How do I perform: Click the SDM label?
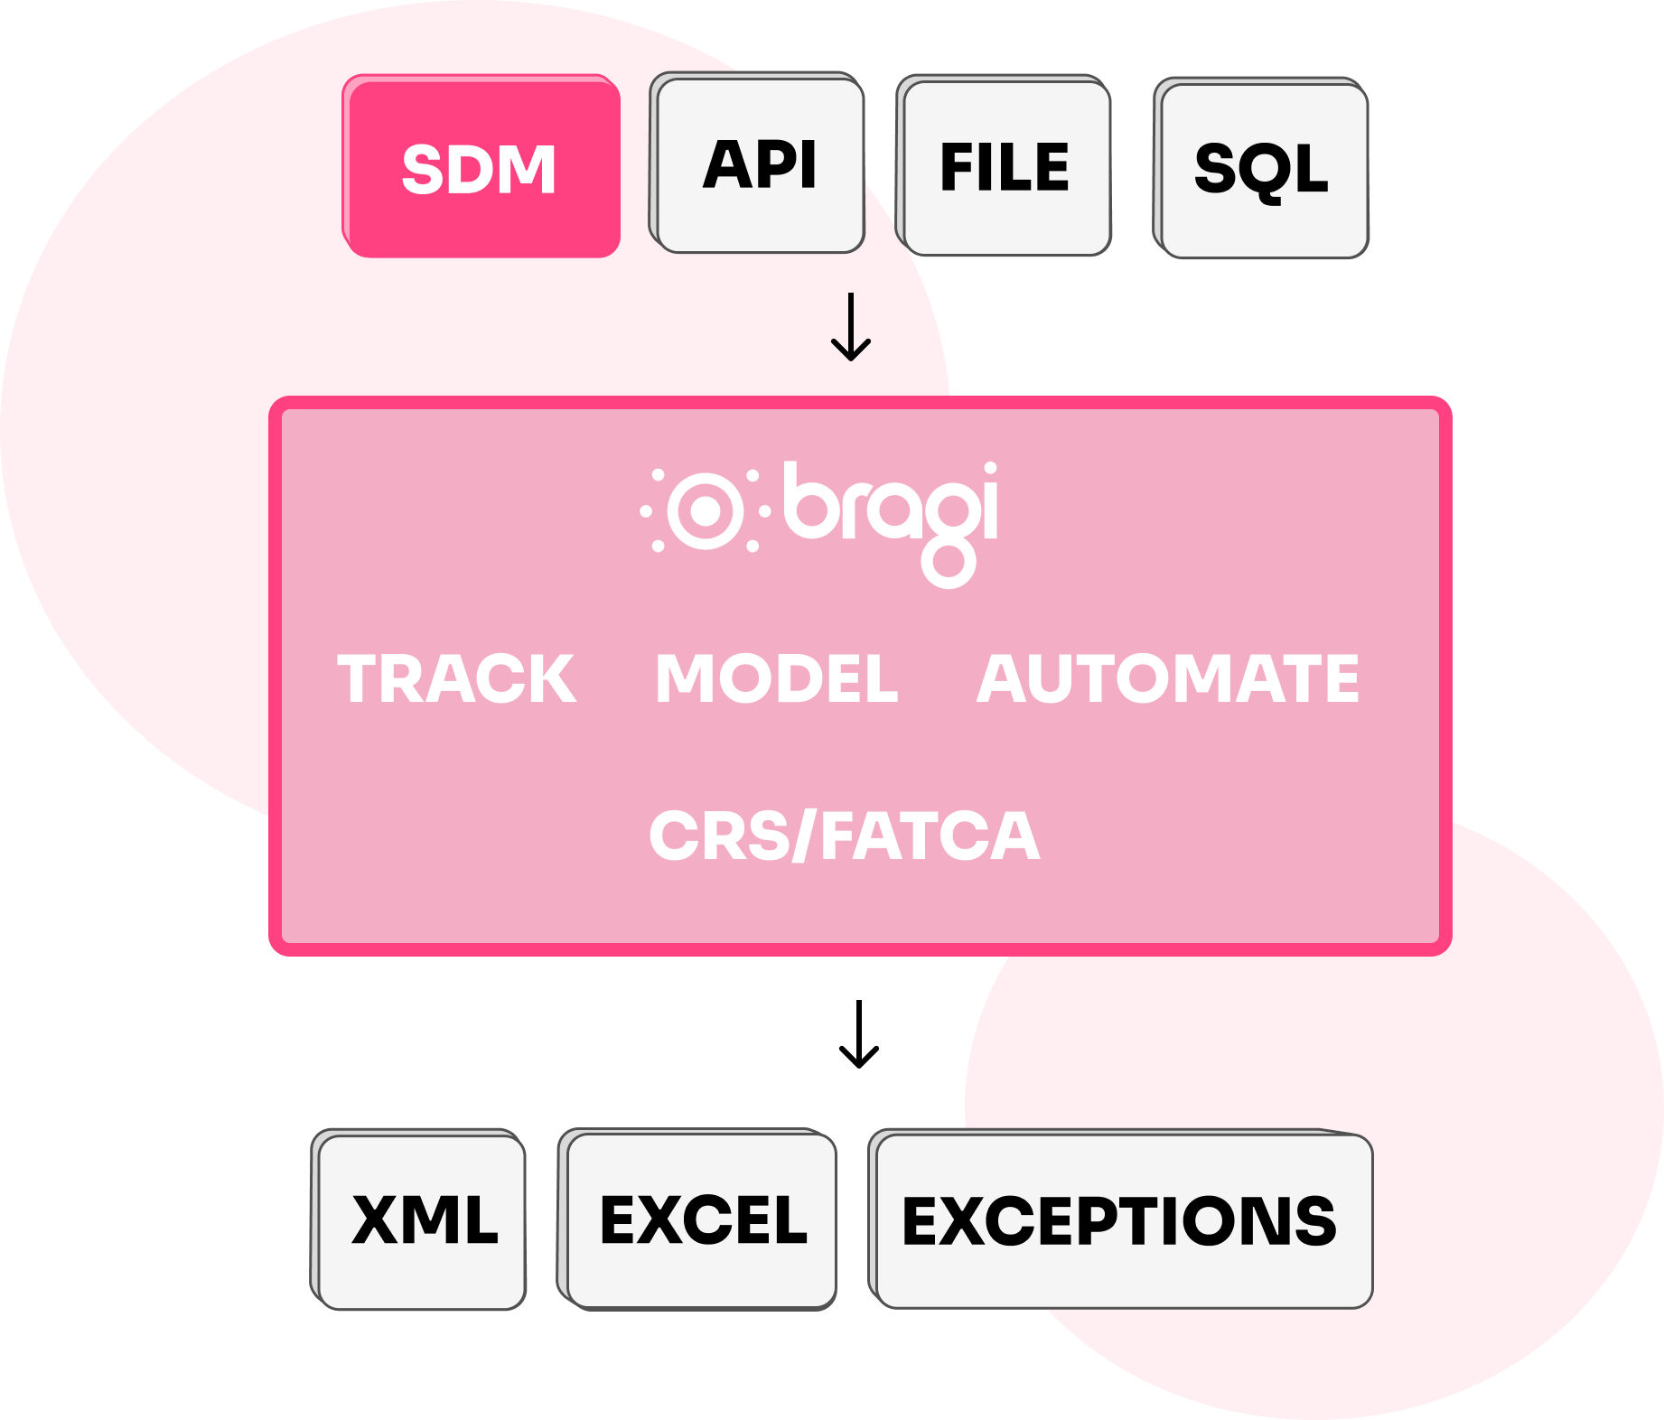click(x=479, y=170)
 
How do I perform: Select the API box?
click(x=760, y=164)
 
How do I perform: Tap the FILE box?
click(x=1005, y=167)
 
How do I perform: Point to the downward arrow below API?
click(x=851, y=327)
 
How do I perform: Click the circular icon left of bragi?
click(x=706, y=511)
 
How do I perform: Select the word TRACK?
click(x=457, y=678)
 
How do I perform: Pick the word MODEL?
click(x=777, y=678)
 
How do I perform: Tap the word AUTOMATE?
click(x=1168, y=678)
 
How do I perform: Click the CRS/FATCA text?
click(x=845, y=836)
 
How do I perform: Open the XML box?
click(x=424, y=1219)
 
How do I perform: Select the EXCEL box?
click(x=703, y=1219)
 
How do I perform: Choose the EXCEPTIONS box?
click(x=1120, y=1220)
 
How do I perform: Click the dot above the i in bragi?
click(x=990, y=469)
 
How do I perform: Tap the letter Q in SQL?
click(x=1263, y=172)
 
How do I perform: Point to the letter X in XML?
click(x=375, y=1219)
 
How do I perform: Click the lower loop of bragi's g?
click(x=949, y=564)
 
